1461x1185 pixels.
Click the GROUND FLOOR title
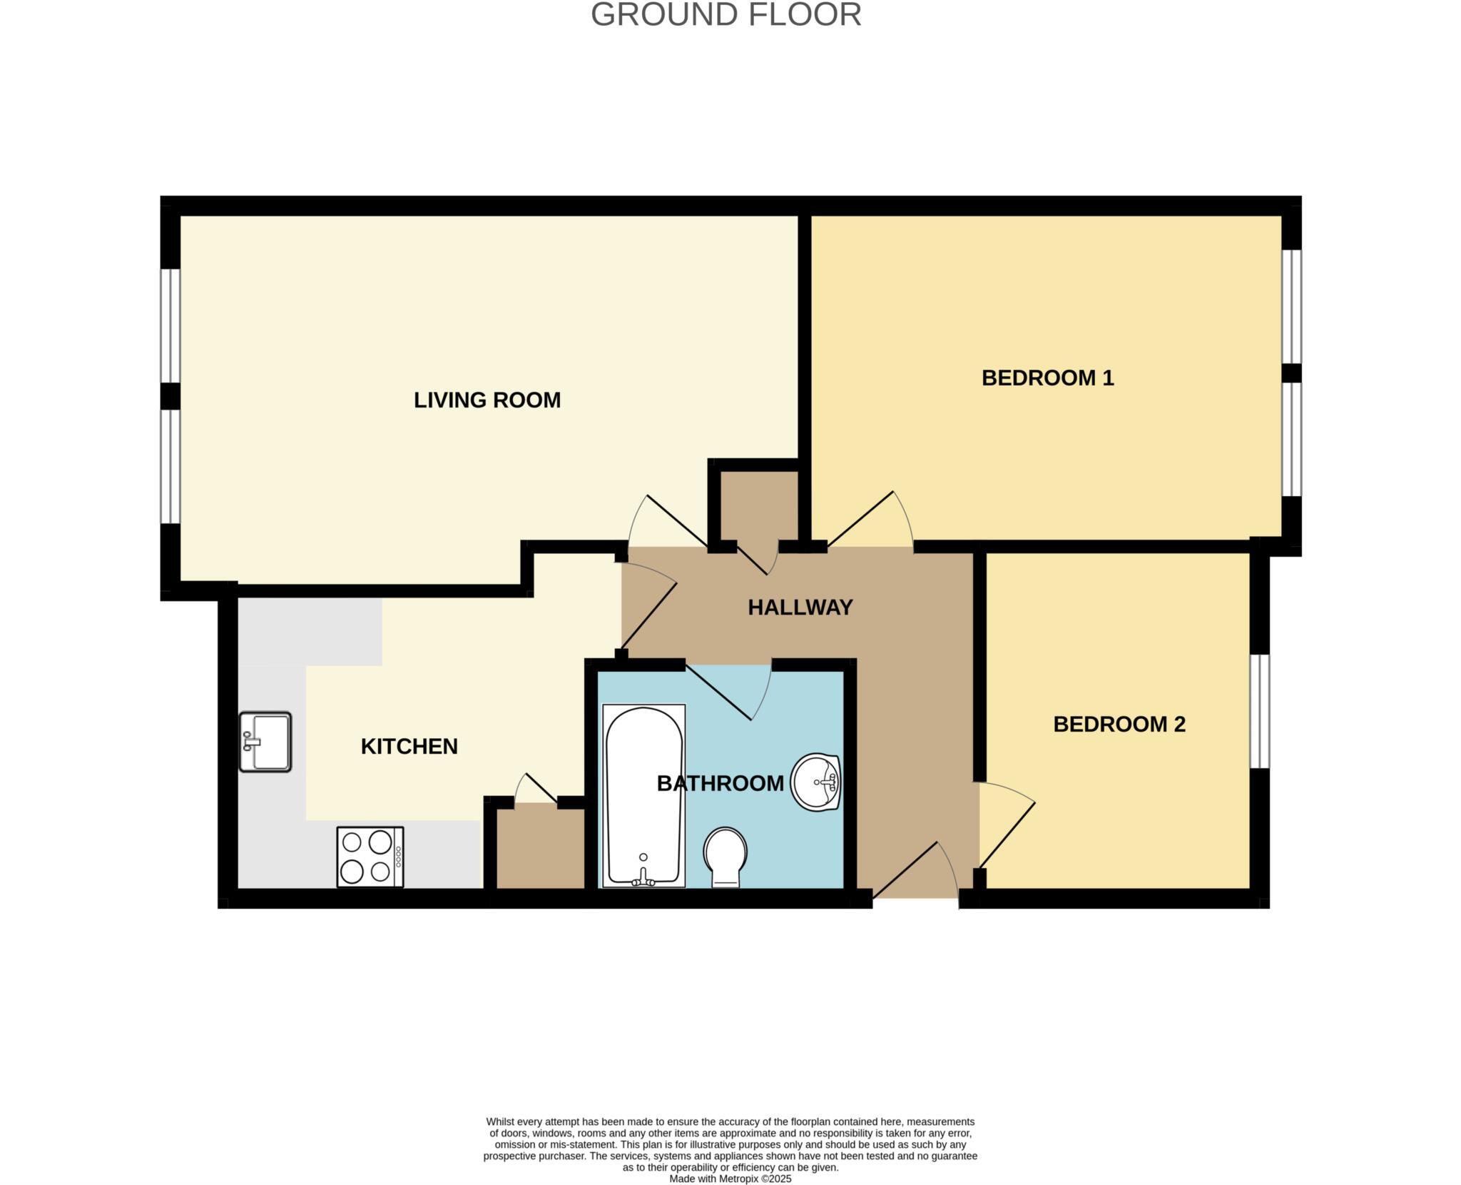726,15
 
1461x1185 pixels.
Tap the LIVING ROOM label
487,400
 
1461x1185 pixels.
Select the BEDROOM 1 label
1047,378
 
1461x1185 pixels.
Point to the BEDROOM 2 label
1119,724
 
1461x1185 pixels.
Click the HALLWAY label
800,607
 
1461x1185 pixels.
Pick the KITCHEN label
409,746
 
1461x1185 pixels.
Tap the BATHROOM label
720,783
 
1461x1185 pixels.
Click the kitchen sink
265,742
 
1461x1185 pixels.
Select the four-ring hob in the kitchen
370,857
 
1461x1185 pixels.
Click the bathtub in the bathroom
643,796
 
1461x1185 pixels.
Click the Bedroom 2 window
1260,711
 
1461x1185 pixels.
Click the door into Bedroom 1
869,521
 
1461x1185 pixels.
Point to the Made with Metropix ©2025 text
730,1179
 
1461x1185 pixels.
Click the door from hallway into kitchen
649,607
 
